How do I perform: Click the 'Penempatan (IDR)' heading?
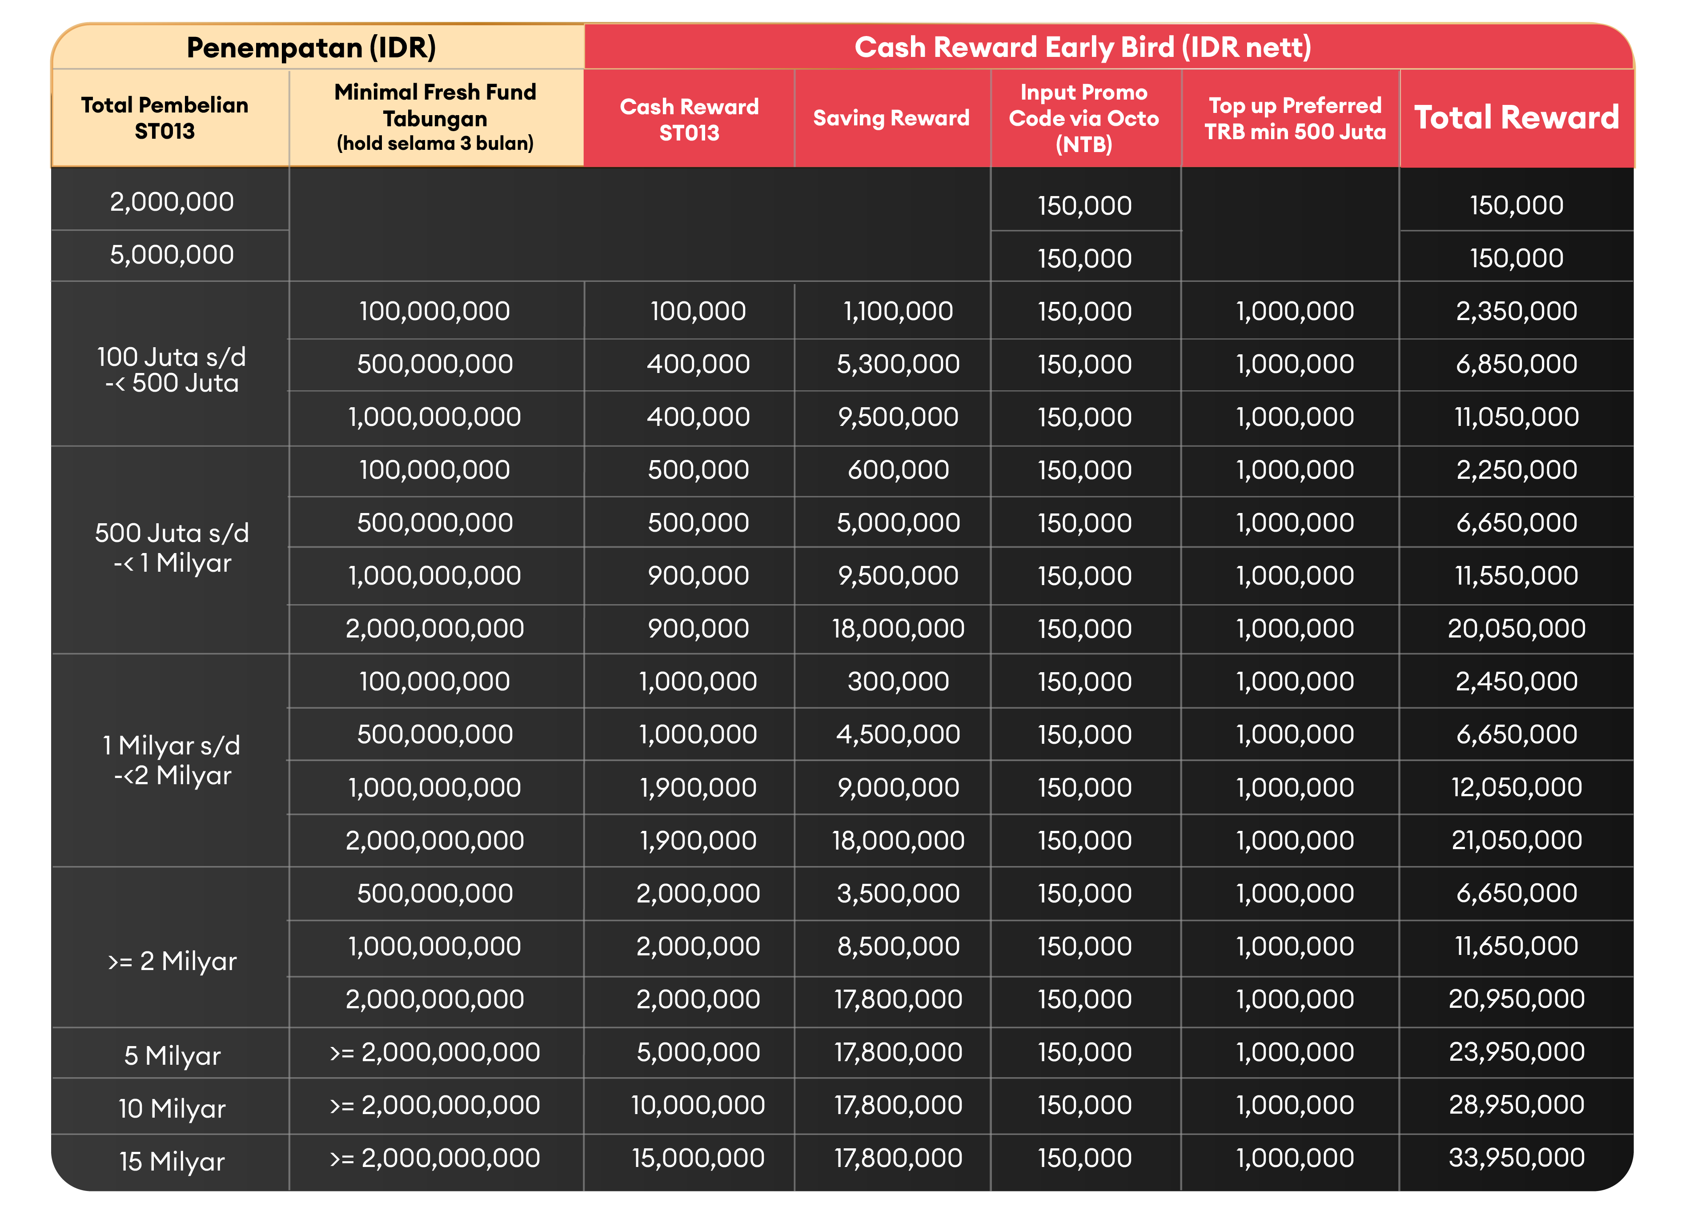click(311, 48)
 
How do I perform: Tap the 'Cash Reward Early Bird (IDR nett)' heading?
click(1083, 48)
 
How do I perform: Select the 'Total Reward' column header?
click(1516, 117)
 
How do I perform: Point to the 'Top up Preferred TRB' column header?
click(1295, 118)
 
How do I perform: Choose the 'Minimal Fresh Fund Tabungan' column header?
click(435, 117)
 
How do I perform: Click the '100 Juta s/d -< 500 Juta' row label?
click(172, 369)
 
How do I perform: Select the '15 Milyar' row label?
click(172, 1161)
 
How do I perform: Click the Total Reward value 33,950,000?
click(1516, 1158)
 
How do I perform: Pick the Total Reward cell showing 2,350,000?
click(1516, 311)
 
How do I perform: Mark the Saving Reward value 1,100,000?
click(898, 311)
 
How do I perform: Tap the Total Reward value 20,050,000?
click(1516, 629)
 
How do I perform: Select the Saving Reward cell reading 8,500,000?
click(898, 946)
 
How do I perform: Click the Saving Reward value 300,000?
click(898, 682)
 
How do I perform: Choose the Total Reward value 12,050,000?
click(1516, 787)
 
